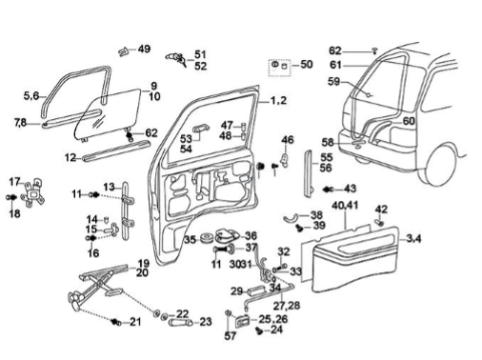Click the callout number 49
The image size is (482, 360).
tap(144, 50)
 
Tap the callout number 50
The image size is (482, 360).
tap(307, 65)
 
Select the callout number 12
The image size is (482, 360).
tap(70, 157)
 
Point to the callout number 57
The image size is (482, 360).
tap(231, 336)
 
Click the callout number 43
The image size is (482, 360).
tap(351, 189)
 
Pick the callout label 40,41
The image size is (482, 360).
tap(345, 206)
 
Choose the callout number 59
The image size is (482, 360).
tap(333, 82)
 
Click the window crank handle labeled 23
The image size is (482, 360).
tap(180, 323)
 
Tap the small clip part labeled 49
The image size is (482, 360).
tap(123, 51)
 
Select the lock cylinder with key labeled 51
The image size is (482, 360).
tap(175, 58)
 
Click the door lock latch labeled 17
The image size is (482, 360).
tap(33, 193)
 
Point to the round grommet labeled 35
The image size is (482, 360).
tap(208, 238)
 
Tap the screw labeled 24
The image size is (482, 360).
tap(259, 330)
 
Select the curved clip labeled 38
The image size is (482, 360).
tap(290, 218)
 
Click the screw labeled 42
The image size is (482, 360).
tap(379, 222)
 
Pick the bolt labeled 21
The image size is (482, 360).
tap(116, 323)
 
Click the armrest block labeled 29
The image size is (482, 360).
tap(257, 290)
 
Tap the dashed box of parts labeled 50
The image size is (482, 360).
tap(279, 68)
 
